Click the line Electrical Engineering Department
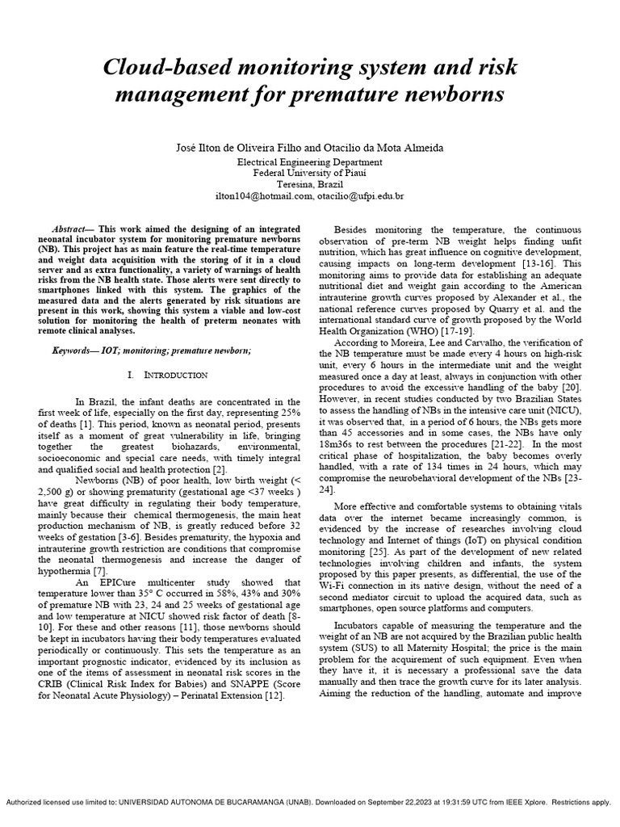309,161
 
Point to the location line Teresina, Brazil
309,183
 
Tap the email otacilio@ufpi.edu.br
361,195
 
